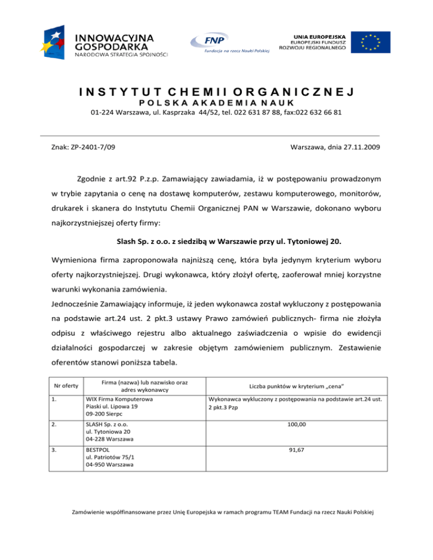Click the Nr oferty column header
click(61, 385)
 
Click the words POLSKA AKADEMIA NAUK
click(216, 103)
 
